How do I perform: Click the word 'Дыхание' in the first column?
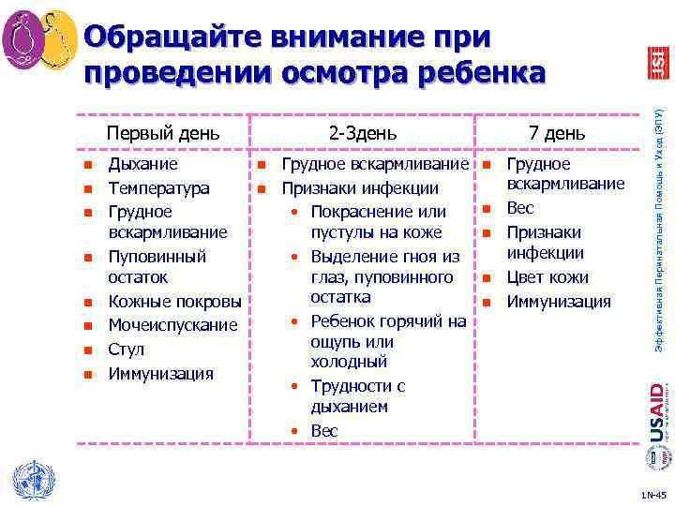[143, 165]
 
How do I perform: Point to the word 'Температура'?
[158, 188]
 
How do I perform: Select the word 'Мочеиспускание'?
[173, 325]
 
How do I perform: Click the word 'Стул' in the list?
[127, 350]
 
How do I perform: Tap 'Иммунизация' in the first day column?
[161, 374]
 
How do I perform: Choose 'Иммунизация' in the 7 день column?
[559, 302]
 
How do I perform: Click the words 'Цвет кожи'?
[547, 277]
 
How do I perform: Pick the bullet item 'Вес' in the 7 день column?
[520, 208]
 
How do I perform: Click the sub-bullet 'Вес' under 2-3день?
[324, 431]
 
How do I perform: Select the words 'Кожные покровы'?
[174, 302]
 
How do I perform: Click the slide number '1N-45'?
[652, 494]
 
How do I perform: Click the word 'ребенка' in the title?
[477, 72]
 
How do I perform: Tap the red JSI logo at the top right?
[659, 62]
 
